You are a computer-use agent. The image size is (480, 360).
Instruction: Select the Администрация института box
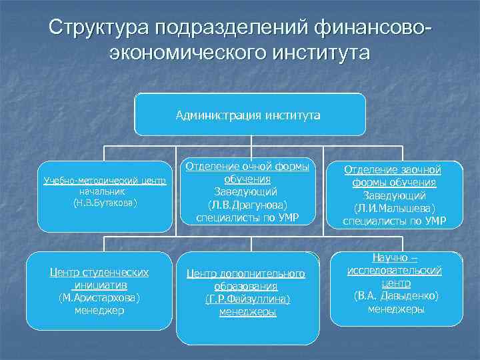tap(249, 115)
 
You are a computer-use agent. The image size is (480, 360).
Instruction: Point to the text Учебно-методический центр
tap(105, 181)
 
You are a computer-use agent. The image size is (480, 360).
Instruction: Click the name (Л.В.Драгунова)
tap(247, 205)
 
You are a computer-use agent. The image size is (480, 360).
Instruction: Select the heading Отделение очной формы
tap(247, 167)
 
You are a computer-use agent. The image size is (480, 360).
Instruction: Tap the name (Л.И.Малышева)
tap(393, 208)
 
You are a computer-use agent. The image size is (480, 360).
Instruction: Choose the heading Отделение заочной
tap(393, 170)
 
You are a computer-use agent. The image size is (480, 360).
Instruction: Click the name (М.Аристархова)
tap(99, 297)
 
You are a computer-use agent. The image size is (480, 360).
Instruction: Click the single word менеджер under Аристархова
tap(99, 309)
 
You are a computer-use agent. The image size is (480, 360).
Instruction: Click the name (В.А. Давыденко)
tap(396, 295)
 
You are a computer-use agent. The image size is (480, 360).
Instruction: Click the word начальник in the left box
tap(105, 191)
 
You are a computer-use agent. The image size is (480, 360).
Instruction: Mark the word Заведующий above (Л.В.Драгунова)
tap(247, 192)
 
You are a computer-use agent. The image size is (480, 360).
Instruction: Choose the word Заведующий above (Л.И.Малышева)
tap(393, 195)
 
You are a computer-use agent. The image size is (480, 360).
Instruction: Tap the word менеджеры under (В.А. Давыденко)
tap(396, 308)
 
